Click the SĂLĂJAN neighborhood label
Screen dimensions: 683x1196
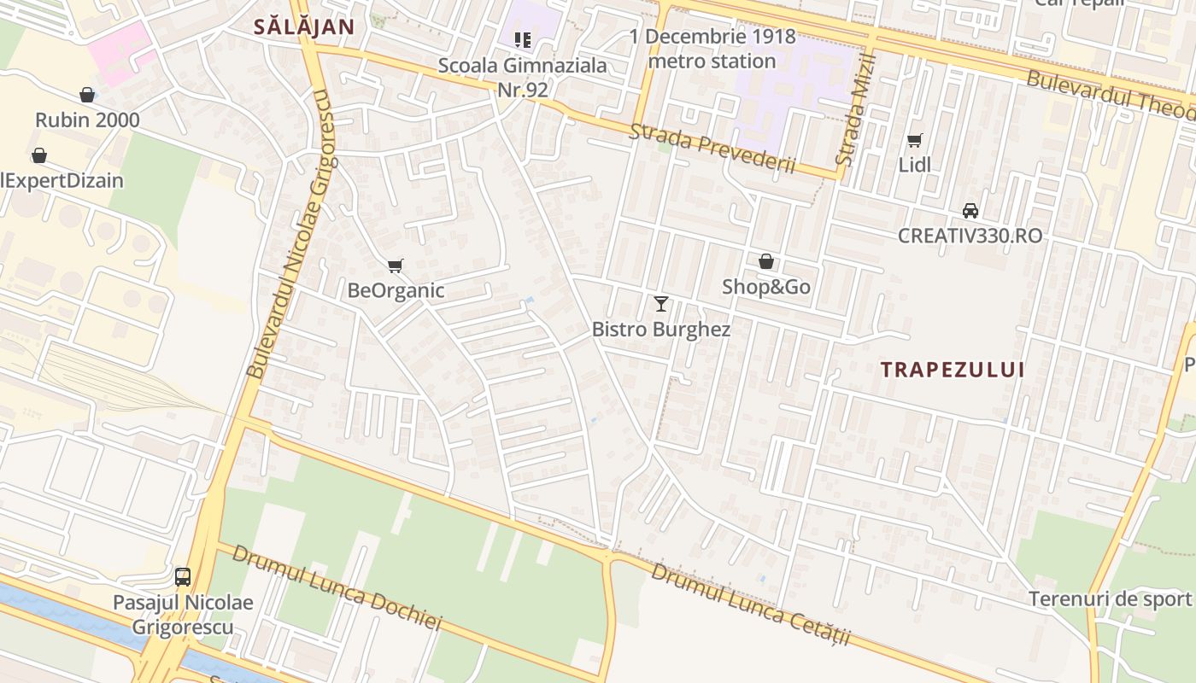tap(303, 26)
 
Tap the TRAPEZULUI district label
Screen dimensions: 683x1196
tap(953, 370)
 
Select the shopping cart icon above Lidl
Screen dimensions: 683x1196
tap(915, 140)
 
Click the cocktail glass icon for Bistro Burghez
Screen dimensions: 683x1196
tap(661, 303)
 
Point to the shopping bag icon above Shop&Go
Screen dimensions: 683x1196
tap(766, 261)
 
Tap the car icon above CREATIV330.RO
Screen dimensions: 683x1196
tap(970, 210)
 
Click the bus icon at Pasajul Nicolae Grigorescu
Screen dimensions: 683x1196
tap(183, 576)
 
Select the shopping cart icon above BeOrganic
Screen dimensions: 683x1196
tap(395, 266)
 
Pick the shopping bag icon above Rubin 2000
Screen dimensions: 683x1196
tap(87, 94)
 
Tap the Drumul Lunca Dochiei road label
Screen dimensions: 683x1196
tap(337, 588)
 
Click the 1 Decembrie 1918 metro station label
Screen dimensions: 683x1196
tap(712, 49)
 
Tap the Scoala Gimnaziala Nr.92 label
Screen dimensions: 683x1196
tap(523, 77)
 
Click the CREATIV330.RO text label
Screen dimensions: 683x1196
tap(970, 236)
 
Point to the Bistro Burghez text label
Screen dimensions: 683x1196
tap(661, 330)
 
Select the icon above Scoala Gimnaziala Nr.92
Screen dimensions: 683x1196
tap(523, 39)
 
